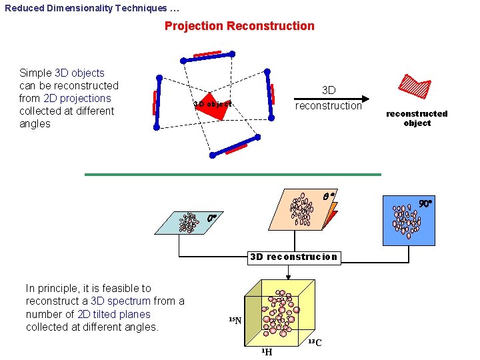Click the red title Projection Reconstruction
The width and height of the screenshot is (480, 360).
click(x=239, y=26)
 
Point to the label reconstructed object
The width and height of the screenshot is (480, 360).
click(x=417, y=118)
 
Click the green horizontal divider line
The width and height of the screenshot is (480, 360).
click(x=233, y=175)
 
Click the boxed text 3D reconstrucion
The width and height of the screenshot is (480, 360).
click(x=293, y=257)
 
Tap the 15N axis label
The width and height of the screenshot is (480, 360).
click(x=235, y=321)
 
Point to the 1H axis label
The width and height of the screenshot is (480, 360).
click(x=266, y=351)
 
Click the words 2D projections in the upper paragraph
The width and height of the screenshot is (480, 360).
click(x=77, y=98)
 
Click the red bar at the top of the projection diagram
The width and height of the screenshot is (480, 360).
click(x=207, y=54)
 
